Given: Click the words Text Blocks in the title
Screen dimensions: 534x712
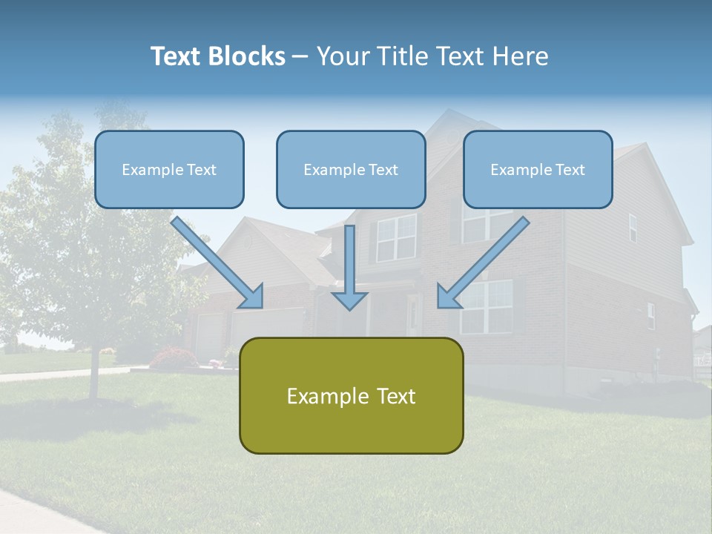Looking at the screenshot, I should [x=217, y=56].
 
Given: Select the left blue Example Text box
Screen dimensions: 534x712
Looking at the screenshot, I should [x=169, y=170].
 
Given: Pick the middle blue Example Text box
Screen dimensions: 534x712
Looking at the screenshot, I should [x=351, y=170].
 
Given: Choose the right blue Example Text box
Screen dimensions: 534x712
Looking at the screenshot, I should [x=538, y=170].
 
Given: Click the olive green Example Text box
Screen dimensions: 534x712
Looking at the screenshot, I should [x=351, y=396].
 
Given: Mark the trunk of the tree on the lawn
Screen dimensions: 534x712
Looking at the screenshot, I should [x=94, y=375].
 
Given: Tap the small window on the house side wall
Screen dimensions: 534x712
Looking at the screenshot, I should [x=633, y=227].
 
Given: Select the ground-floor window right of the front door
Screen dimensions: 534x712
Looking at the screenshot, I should [x=486, y=306].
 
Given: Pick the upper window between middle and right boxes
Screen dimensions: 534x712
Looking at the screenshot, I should [x=396, y=237].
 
